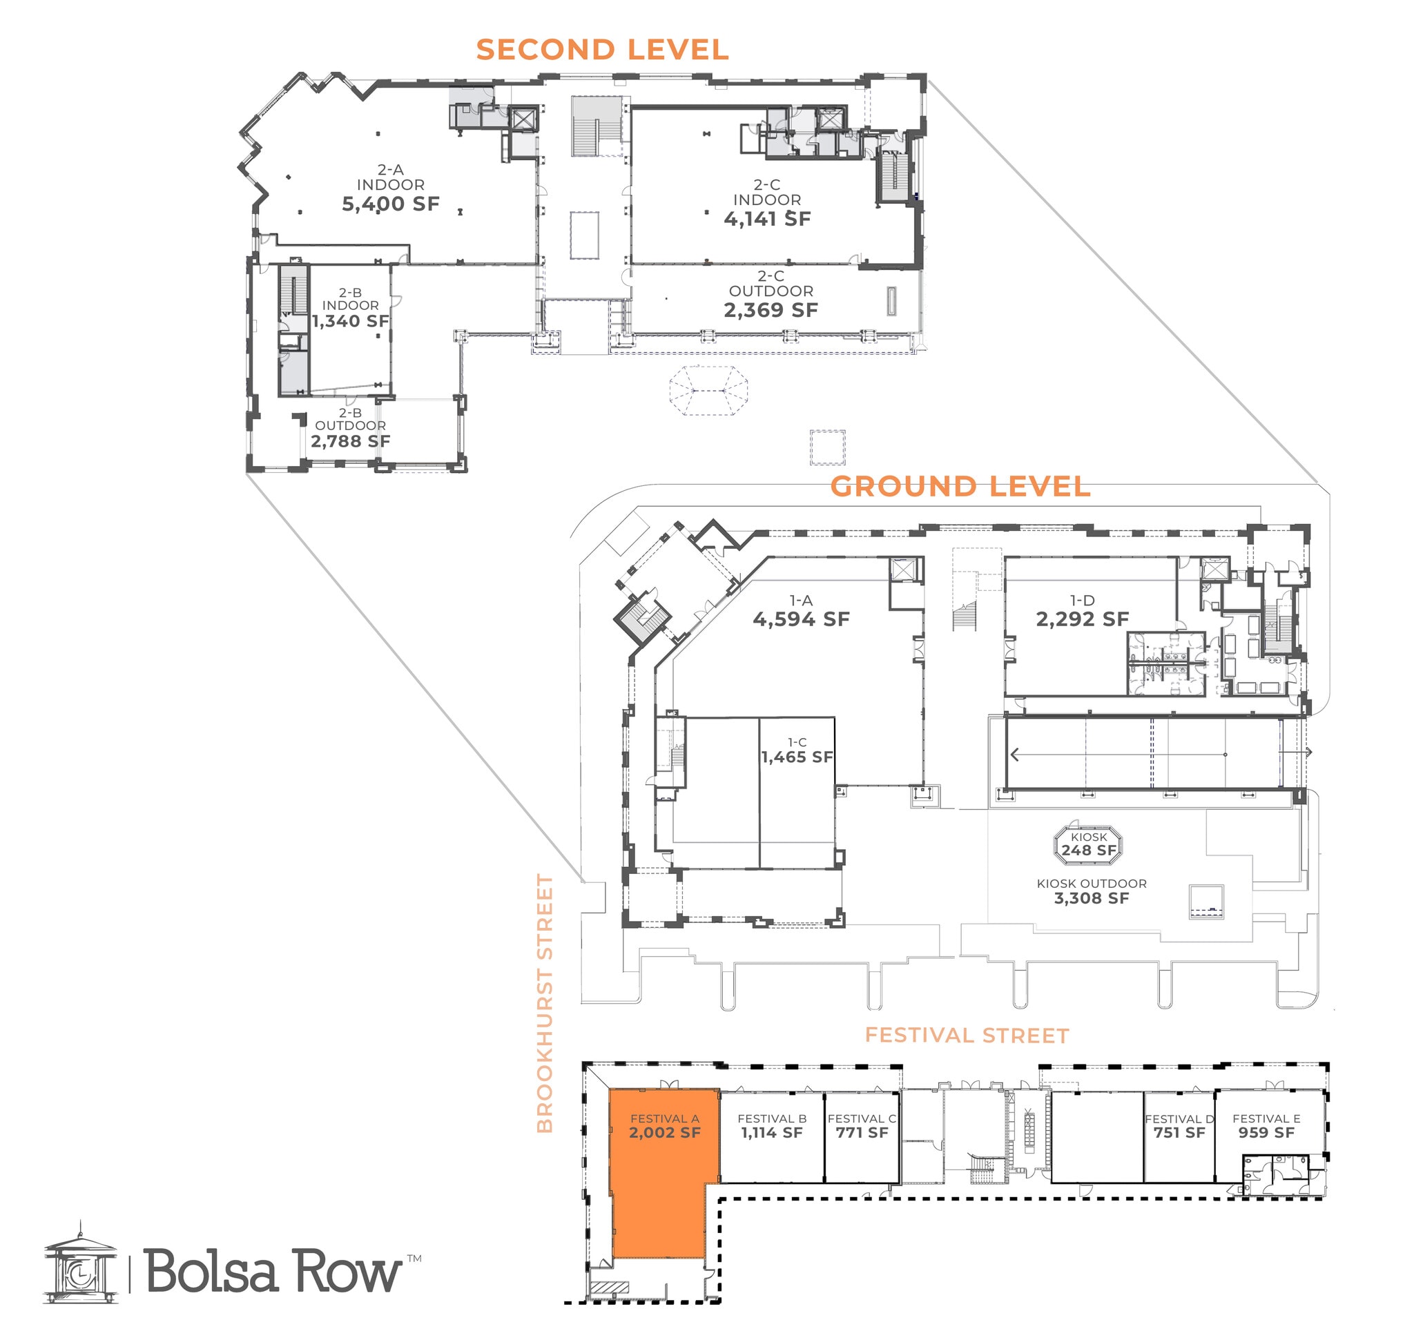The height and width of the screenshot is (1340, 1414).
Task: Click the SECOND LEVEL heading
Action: tap(601, 50)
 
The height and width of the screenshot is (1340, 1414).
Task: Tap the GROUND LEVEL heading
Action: tap(960, 487)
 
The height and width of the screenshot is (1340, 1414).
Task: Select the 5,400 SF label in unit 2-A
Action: tap(390, 204)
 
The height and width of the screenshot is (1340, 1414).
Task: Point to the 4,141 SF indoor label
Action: tap(766, 220)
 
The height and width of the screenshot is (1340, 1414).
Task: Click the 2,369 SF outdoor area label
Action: tap(771, 310)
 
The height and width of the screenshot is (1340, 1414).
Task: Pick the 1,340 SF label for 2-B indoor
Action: tap(350, 322)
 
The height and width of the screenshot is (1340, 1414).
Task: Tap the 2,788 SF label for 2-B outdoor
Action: tap(350, 441)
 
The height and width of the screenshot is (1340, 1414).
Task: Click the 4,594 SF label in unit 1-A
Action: tap(801, 619)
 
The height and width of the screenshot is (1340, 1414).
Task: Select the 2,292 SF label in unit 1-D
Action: tap(1082, 619)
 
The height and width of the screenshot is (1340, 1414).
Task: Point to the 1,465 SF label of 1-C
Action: tap(797, 757)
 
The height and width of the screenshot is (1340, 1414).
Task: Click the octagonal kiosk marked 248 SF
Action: tap(1088, 844)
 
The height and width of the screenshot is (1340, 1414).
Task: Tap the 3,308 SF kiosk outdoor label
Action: tap(1091, 899)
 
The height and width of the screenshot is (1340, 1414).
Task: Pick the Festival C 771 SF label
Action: tap(862, 1133)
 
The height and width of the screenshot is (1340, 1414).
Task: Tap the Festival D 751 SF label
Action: tap(1179, 1133)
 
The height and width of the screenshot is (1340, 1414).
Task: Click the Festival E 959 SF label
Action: tap(1266, 1133)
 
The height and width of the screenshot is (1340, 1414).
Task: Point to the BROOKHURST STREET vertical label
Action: tap(545, 1003)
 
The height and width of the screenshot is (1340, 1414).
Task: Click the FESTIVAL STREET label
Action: tap(966, 1036)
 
